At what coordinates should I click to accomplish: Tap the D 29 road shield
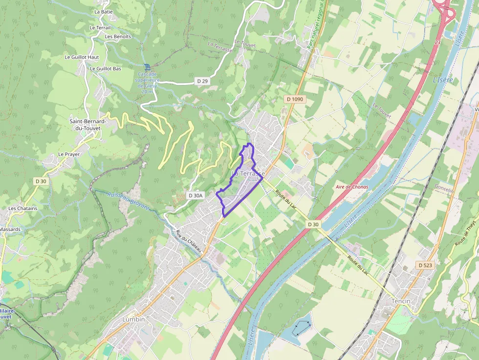[202, 81]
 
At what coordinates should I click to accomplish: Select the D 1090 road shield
[295, 99]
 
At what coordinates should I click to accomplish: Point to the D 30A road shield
[195, 195]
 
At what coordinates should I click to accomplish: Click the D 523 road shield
[426, 265]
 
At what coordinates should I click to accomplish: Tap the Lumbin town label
[133, 319]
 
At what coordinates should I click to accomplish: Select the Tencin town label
[401, 301]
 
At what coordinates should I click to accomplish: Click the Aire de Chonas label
[352, 187]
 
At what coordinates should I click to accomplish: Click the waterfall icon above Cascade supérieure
[147, 67]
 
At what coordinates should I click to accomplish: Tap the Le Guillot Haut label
[82, 57]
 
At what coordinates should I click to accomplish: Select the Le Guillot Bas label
[105, 69]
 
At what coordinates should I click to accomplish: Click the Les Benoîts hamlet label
[118, 37]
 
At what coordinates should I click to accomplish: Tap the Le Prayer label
[69, 154]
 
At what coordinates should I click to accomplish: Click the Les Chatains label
[22, 208]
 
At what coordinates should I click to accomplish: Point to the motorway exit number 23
[437, 42]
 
